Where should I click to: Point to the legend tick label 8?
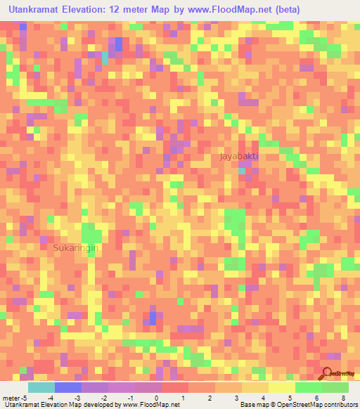[343, 398]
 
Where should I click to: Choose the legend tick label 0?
[156, 398]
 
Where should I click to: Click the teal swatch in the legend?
[41, 388]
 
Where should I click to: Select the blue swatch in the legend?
[67, 388]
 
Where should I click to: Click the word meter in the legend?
[11, 398]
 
